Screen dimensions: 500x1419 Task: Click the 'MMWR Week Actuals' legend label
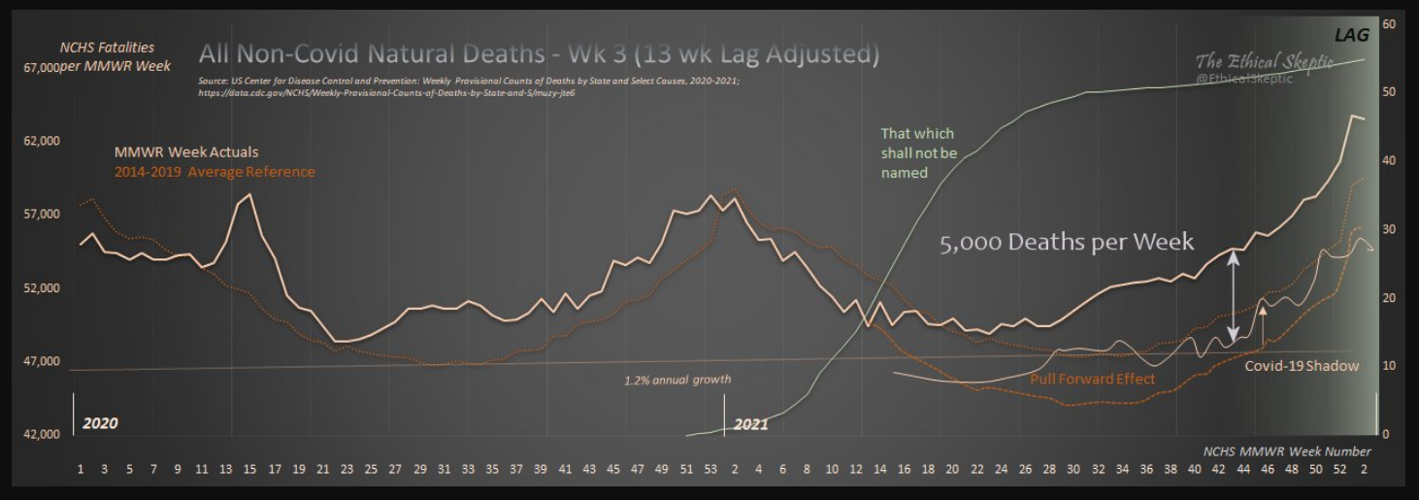coord(186,152)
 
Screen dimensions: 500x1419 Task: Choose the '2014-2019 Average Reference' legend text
coord(214,172)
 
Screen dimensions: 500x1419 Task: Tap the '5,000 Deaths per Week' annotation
coord(1066,242)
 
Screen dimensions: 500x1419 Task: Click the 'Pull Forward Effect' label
coord(1092,379)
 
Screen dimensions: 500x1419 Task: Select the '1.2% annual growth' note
coord(677,380)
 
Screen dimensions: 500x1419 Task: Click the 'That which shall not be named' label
coord(918,153)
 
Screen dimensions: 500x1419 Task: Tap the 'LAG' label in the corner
coord(1351,36)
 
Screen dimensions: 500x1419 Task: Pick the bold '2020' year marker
coord(100,423)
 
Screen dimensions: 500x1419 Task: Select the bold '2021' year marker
coord(751,423)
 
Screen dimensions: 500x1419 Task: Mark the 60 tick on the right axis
coord(1388,23)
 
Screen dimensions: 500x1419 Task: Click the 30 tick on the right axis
coord(1388,229)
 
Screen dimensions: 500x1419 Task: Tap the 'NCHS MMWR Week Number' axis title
coord(1287,451)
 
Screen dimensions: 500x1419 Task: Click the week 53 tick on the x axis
coord(710,470)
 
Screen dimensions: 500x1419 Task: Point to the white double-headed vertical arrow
coord(1234,296)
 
